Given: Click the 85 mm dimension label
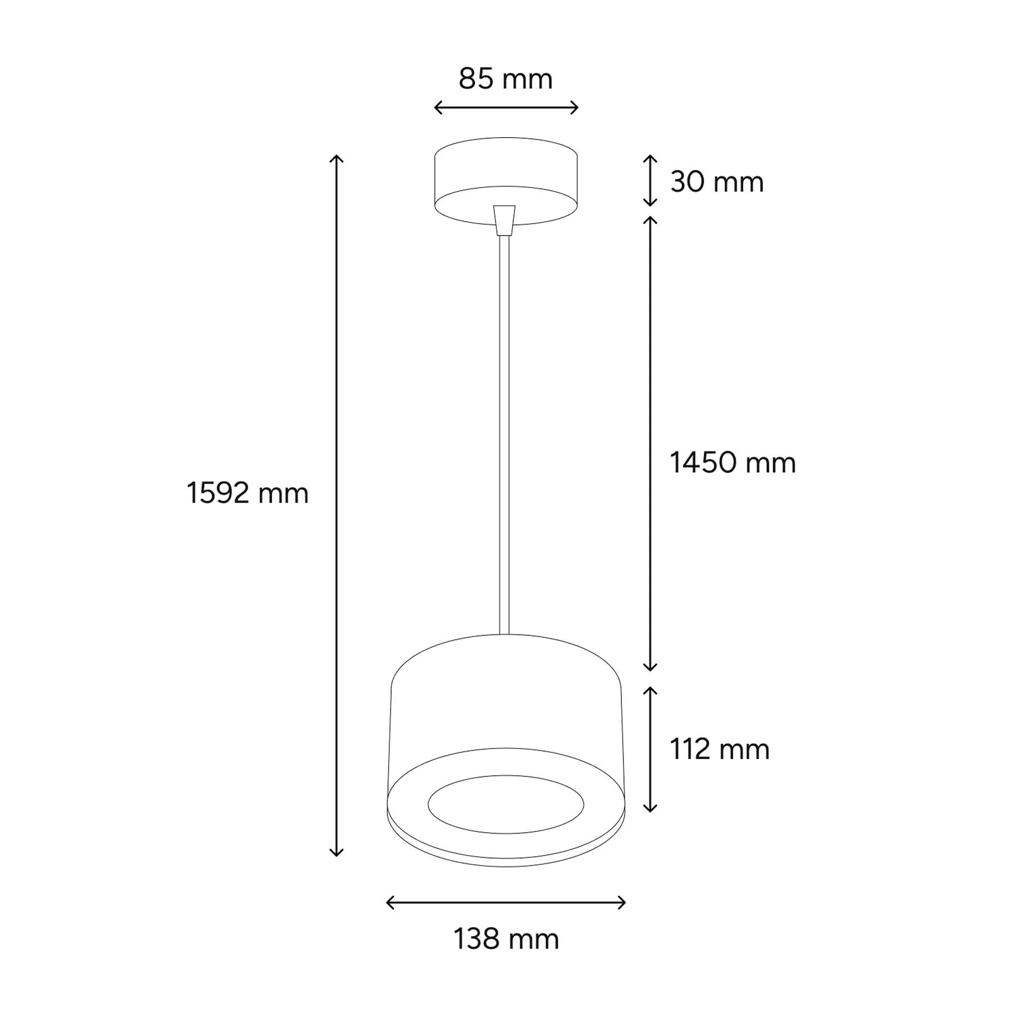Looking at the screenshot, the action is [505, 79].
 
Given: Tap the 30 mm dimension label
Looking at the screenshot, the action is [717, 182].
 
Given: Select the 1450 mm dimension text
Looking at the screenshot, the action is [733, 463].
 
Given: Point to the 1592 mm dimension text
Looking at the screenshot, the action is [247, 494].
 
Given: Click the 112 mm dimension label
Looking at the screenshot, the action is [719, 749].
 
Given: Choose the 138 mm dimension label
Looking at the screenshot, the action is [506, 939].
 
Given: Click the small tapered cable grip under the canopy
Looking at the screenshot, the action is [504, 220].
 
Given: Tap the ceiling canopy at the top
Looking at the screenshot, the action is [506, 181].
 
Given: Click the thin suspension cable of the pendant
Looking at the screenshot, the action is [504, 435].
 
